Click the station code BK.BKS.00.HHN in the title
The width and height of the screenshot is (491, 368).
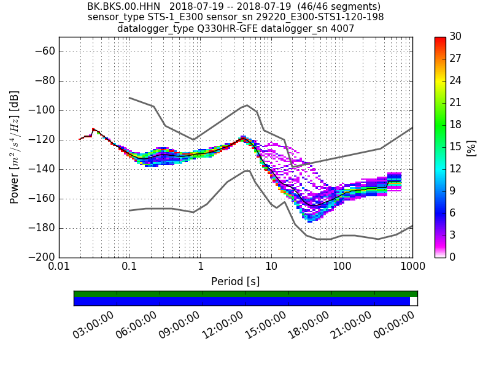[x=121, y=7]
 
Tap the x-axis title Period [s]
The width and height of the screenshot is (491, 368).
[x=236, y=282]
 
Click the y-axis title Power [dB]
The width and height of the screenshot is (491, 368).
[x=15, y=147]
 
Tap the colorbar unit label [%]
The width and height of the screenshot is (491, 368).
[x=471, y=147]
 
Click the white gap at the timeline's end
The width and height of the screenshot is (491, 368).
[x=413, y=301]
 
